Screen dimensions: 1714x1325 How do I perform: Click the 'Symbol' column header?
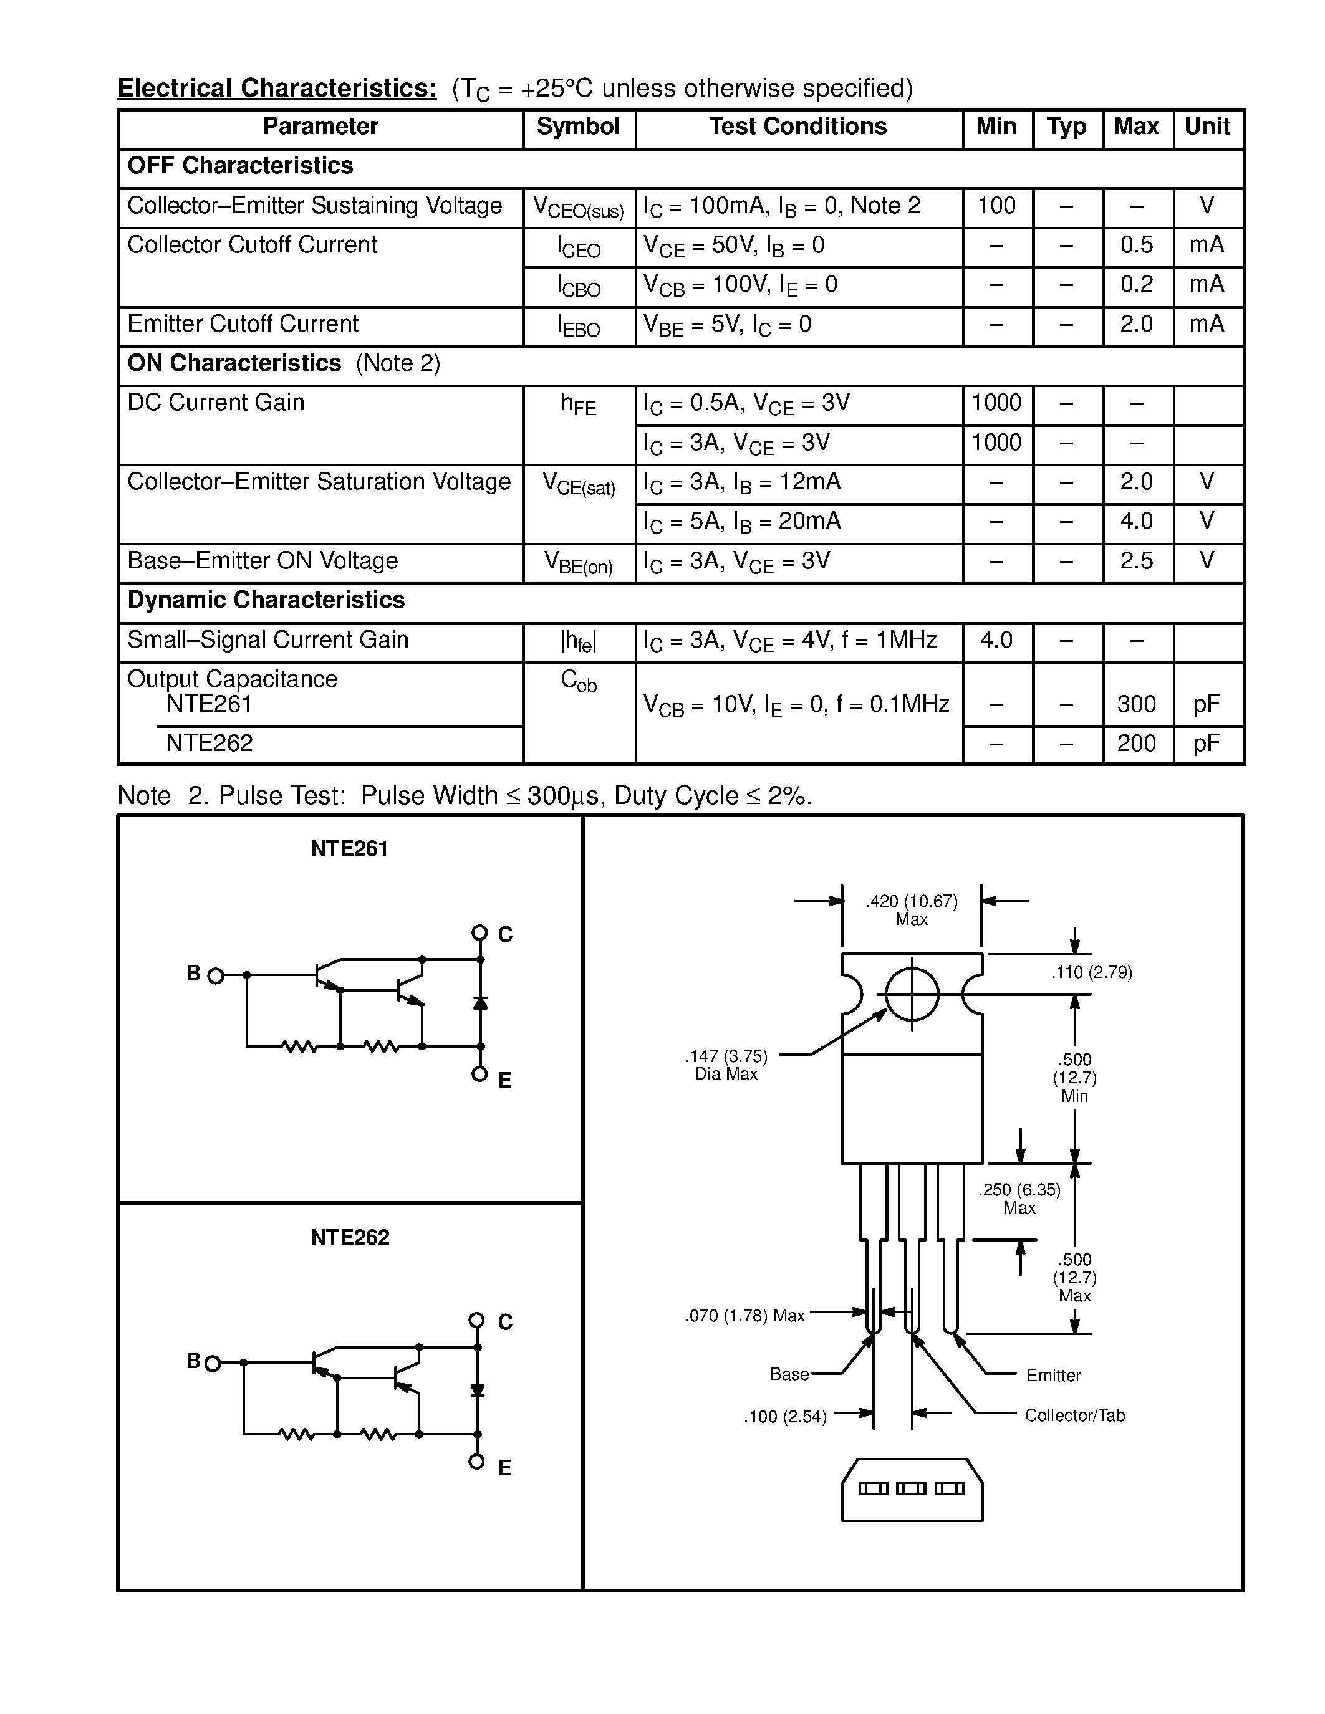pyautogui.click(x=578, y=127)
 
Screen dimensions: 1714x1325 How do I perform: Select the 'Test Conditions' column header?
pyautogui.click(x=797, y=127)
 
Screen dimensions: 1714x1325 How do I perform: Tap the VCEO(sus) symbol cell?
pyautogui.click(x=578, y=208)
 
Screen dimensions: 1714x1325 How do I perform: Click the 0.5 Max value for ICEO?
pyautogui.click(x=1136, y=246)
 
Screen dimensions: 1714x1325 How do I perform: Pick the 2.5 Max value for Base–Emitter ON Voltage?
pyautogui.click(x=1136, y=561)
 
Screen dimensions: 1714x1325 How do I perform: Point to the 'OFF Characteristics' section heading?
pyautogui.click(x=240, y=166)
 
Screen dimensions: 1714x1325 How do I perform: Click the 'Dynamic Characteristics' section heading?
pyautogui.click(x=266, y=600)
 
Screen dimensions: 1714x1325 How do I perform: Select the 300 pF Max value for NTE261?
pyautogui.click(x=1136, y=704)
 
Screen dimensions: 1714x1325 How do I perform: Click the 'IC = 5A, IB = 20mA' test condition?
pyautogui.click(x=742, y=522)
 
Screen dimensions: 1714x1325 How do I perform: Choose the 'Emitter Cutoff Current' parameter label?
pyautogui.click(x=243, y=324)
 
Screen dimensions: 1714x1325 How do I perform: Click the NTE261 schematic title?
pyautogui.click(x=349, y=849)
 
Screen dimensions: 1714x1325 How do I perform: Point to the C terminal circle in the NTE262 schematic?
pyautogui.click(x=476, y=1320)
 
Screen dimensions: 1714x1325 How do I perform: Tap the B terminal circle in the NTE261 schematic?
pyautogui.click(x=216, y=975)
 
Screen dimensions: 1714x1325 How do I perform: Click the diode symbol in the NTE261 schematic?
pyautogui.click(x=480, y=1003)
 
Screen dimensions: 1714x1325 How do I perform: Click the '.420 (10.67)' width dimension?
pyautogui.click(x=912, y=902)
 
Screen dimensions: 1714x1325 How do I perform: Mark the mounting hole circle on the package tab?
pyautogui.click(x=912, y=993)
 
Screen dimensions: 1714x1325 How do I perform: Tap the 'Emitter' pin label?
pyautogui.click(x=1053, y=1375)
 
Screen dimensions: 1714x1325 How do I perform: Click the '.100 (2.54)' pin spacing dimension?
pyautogui.click(x=785, y=1417)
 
